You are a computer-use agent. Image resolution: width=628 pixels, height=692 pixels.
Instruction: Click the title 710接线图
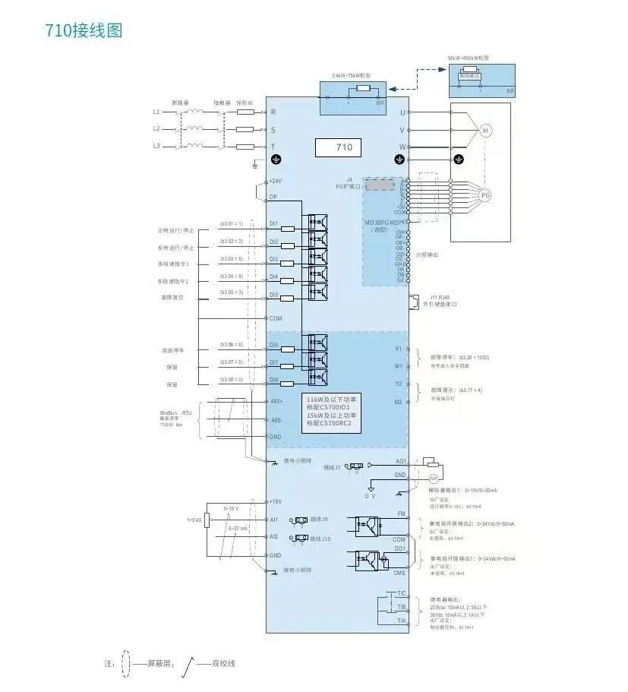coord(84,31)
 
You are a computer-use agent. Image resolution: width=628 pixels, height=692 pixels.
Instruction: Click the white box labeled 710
coord(338,146)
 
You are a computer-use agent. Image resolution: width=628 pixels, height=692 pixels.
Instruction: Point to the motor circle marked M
coord(484,131)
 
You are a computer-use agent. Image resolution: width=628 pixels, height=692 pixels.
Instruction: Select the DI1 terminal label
coord(274,224)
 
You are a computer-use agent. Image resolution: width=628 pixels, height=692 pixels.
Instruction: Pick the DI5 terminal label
coord(274,295)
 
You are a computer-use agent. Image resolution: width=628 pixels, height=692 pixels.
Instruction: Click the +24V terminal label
coord(275,182)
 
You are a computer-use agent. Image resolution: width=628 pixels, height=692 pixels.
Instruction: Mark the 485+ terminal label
coord(276,401)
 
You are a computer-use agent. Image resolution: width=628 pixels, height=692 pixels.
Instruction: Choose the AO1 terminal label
coord(401,461)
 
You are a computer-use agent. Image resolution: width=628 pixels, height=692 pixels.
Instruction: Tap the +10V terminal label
coord(275,502)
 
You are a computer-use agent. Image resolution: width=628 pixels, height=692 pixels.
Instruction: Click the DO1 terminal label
coord(400,548)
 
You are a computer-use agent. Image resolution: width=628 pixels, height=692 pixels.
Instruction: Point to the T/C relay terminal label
coord(402,593)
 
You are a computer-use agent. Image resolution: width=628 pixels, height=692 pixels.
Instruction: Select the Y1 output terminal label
coord(399,349)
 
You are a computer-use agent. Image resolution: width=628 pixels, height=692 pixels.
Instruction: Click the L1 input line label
coord(156,112)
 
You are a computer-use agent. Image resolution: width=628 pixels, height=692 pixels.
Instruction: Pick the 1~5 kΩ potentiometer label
coord(194,520)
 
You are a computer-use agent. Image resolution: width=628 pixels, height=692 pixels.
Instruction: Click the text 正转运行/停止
coord(175,230)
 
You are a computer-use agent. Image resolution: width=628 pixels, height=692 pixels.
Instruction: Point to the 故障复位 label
coord(169,298)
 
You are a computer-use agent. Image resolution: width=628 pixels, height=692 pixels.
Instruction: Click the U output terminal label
coord(402,112)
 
